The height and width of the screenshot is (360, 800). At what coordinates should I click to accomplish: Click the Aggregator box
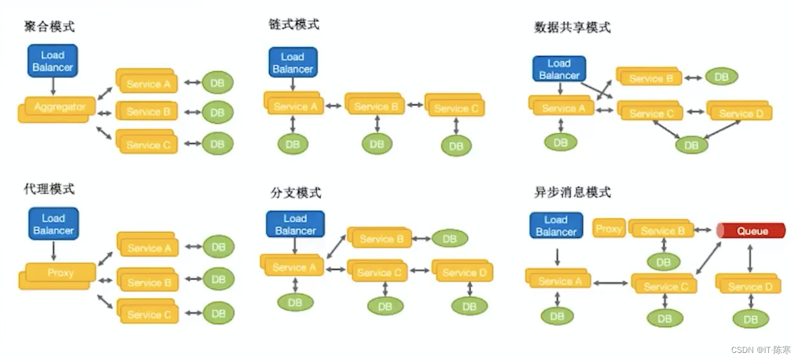pyautogui.click(x=59, y=108)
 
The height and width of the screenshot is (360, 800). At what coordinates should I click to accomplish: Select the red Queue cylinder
pyautogui.click(x=751, y=231)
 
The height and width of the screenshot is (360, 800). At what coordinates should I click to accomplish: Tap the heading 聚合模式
pyautogui.click(x=49, y=27)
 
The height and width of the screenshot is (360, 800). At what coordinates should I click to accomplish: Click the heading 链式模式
pyautogui.click(x=294, y=24)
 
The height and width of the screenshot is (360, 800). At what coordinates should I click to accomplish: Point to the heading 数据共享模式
pyautogui.click(x=572, y=27)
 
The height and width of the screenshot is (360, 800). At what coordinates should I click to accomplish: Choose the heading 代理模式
pyautogui.click(x=49, y=189)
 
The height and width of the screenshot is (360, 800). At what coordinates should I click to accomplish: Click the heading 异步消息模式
pyautogui.click(x=572, y=192)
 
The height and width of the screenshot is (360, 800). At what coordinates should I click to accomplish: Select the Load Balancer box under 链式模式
pyautogui.click(x=293, y=63)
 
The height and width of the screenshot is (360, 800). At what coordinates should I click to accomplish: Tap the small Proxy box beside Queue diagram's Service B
pyautogui.click(x=609, y=229)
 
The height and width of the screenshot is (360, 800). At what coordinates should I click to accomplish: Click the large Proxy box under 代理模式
pyautogui.click(x=60, y=273)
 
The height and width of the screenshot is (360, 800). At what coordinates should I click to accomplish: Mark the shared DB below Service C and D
pyautogui.click(x=691, y=144)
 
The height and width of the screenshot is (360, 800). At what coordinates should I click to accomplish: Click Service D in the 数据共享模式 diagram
pyautogui.click(x=741, y=112)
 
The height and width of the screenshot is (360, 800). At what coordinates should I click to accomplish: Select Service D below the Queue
pyautogui.click(x=749, y=286)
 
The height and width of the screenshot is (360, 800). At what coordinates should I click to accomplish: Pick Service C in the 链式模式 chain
pyautogui.click(x=455, y=108)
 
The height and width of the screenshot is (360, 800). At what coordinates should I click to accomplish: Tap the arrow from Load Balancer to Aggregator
pyautogui.click(x=53, y=86)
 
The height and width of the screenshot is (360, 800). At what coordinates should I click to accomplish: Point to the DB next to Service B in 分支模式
pyautogui.click(x=449, y=239)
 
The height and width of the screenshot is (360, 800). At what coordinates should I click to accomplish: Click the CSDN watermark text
pyautogui.click(x=760, y=350)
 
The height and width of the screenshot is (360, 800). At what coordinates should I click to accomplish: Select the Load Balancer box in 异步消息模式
pyautogui.click(x=555, y=226)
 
